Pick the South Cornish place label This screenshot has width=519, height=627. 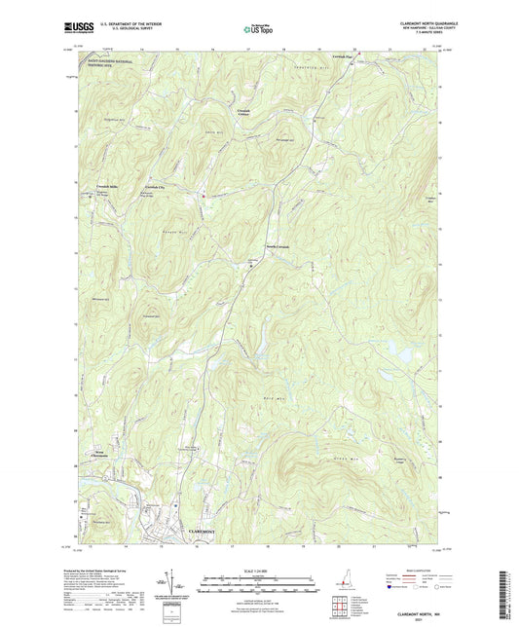(x=278, y=246)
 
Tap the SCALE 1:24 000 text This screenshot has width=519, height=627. (x=259, y=570)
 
